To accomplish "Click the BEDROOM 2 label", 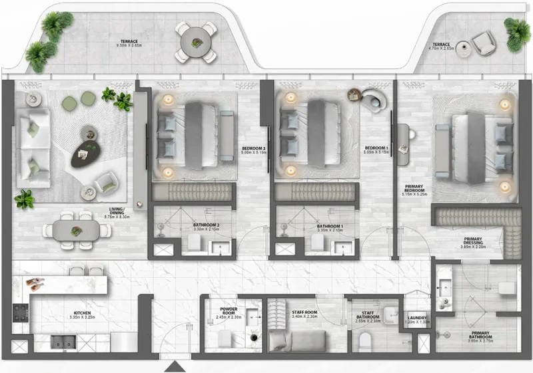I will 255,148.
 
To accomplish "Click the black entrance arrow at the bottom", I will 175,367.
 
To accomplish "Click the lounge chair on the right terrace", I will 482,44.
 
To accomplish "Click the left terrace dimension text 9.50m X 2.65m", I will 130,46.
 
